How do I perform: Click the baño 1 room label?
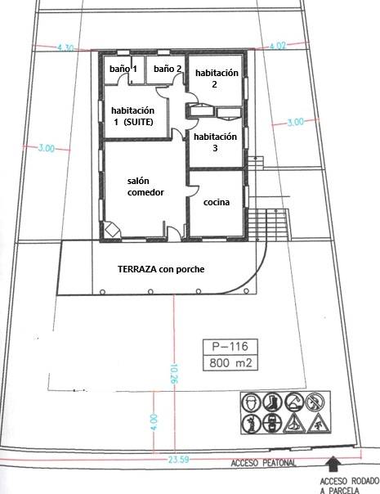point(123,69)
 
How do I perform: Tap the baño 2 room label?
point(168,69)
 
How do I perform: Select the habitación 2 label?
point(217,79)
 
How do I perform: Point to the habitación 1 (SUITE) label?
point(133,116)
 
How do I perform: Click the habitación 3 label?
point(215,142)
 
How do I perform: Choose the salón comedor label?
point(145,186)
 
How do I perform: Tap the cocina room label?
point(217,202)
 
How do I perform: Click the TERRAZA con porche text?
point(161,269)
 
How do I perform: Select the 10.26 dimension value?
point(173,374)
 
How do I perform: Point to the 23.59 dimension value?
point(178,460)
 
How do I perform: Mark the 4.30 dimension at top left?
point(65,48)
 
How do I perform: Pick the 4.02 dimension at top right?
point(278,46)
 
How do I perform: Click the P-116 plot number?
point(230,347)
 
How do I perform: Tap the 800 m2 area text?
point(230,363)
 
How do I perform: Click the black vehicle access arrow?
point(333,464)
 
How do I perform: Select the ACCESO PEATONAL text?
point(263,463)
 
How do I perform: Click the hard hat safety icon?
point(251,402)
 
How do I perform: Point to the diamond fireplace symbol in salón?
point(111,229)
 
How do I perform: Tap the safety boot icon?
point(272,402)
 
